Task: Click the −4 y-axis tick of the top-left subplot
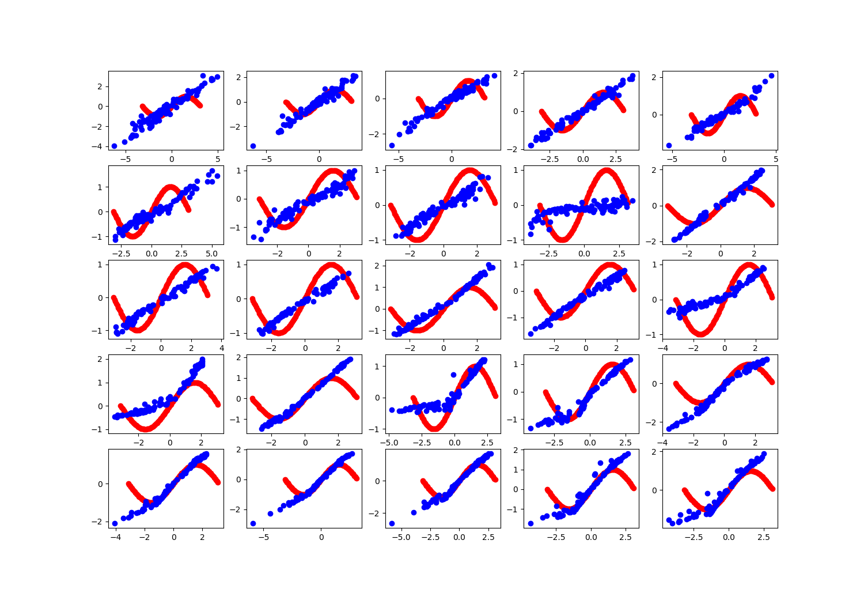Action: coord(100,146)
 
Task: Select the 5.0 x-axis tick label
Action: coord(211,254)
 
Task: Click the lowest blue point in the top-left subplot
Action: coord(114,146)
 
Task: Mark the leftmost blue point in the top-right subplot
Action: coord(669,146)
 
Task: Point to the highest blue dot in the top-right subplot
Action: coord(771,75)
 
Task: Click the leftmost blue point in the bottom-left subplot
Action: coord(115,523)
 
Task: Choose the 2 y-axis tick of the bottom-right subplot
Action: coord(654,451)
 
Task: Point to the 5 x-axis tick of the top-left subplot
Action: coord(218,159)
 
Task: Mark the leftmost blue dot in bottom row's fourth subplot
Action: coord(530,523)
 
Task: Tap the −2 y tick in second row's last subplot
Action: coord(654,241)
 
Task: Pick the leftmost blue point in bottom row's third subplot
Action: coord(392,523)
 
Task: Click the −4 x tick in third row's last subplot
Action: coord(663,348)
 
